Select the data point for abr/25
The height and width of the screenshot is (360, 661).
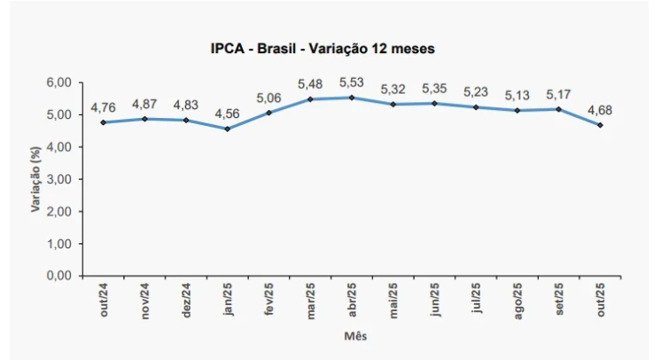click(352, 98)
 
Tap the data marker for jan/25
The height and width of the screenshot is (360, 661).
click(228, 129)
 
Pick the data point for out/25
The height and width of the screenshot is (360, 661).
click(601, 125)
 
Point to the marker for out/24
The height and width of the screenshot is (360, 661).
click(104, 122)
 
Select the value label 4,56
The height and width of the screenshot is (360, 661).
click(228, 113)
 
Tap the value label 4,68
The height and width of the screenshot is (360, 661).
click(599, 110)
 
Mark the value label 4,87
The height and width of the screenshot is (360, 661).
click(145, 103)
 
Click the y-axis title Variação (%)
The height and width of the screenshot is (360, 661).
click(35, 180)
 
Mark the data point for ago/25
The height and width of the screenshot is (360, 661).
click(518, 110)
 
